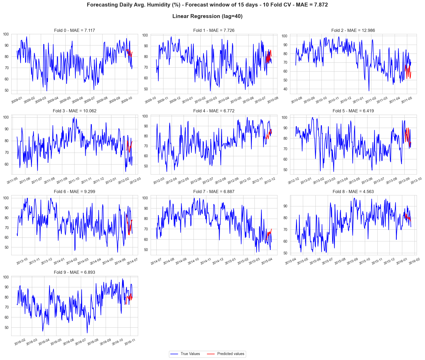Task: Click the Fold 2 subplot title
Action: (x=353, y=30)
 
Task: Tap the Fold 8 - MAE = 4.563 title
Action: (x=353, y=191)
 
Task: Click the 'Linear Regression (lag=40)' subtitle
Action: (x=207, y=16)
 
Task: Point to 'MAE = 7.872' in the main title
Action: (x=312, y=5)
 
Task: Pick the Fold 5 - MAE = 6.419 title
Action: (x=353, y=111)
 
